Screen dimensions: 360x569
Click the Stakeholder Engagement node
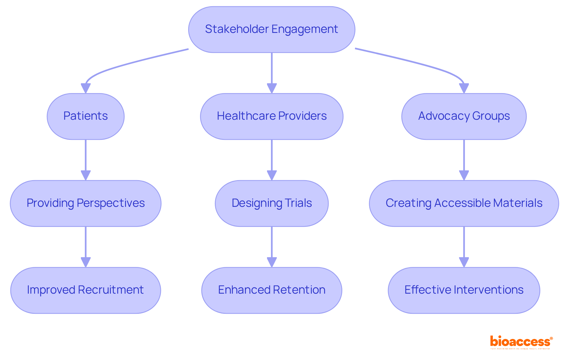(271, 29)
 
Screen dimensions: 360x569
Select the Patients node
(86, 116)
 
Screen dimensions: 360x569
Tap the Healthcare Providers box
(271, 116)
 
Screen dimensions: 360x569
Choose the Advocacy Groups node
(464, 116)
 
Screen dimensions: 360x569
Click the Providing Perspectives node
(86, 203)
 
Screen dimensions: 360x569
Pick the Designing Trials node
(271, 203)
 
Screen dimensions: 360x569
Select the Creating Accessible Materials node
(464, 203)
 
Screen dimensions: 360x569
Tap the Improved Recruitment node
(86, 290)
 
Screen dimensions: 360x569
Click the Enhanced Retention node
(271, 290)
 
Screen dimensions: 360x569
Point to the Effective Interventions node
(464, 290)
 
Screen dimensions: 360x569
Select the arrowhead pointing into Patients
(86, 88)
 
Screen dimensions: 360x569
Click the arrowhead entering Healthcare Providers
(271, 88)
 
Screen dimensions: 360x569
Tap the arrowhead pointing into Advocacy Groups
(464, 88)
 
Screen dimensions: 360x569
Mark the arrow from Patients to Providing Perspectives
(86, 157)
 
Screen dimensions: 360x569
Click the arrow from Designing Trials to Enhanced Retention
(271, 244)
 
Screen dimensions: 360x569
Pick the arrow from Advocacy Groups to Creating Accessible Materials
(464, 157)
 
